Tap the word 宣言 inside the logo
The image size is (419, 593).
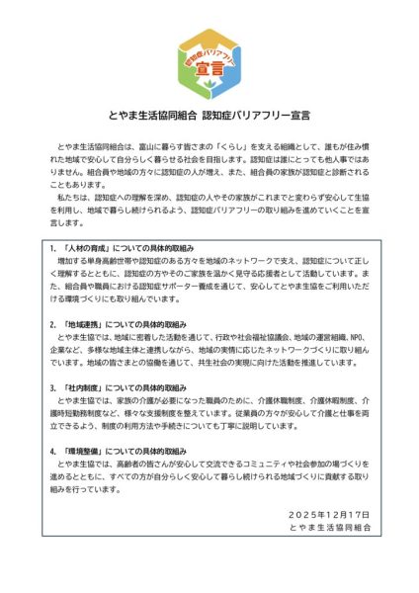(x=209, y=70)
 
